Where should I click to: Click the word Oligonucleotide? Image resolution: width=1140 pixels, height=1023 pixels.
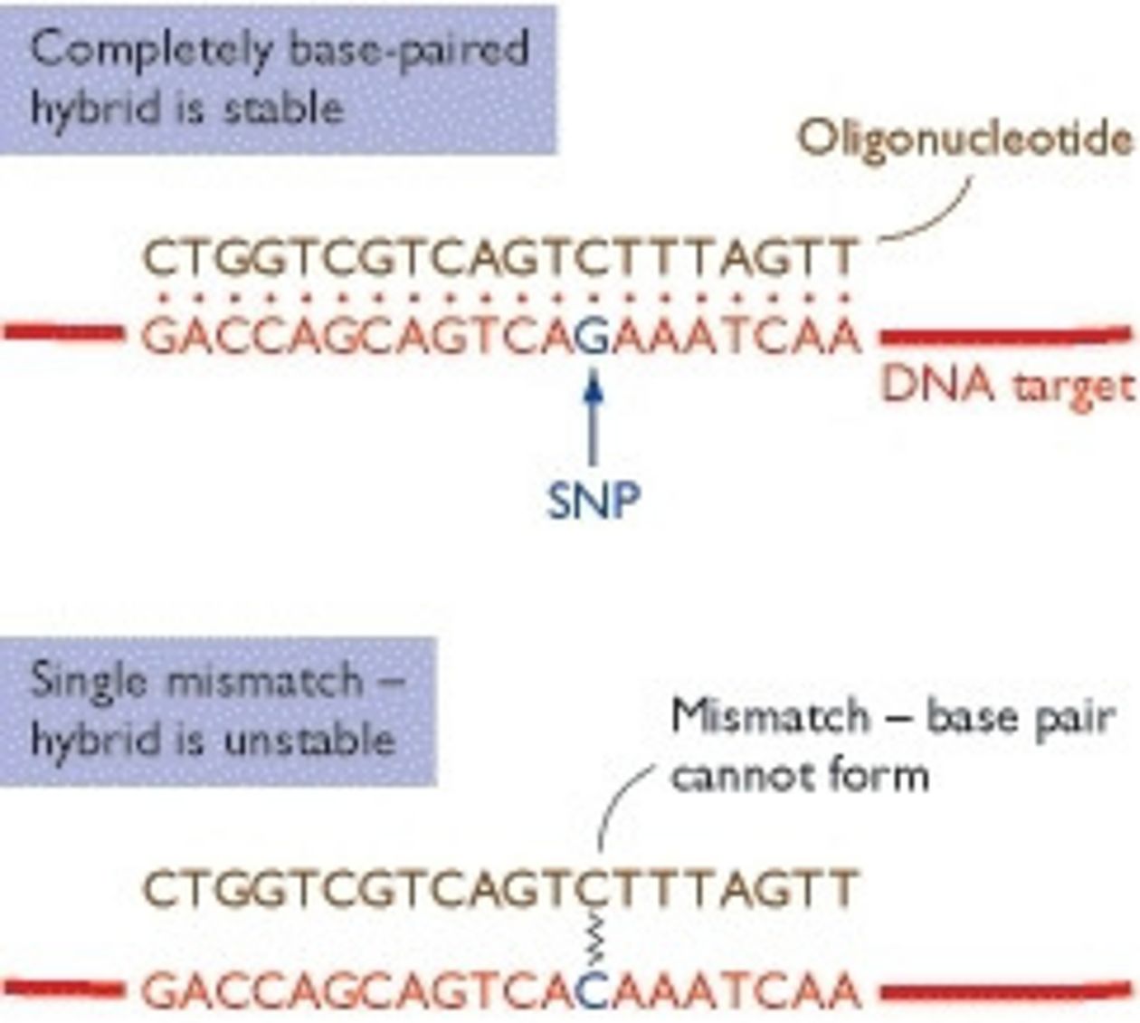coord(964,140)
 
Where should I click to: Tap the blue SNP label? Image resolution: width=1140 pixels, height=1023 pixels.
coord(594,499)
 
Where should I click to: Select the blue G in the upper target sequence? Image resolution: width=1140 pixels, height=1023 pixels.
coord(592,338)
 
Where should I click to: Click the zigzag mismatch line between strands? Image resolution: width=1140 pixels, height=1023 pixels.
coord(594,939)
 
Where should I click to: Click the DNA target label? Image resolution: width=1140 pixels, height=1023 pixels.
coord(1007,387)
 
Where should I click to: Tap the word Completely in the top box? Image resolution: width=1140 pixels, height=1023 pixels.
coord(150,49)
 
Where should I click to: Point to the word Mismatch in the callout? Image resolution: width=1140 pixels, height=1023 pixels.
coord(769,716)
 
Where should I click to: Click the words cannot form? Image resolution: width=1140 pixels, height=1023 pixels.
coord(800,776)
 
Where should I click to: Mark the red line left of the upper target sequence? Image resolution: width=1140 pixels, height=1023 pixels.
coord(63,333)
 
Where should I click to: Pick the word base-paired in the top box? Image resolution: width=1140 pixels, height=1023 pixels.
coord(406,49)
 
